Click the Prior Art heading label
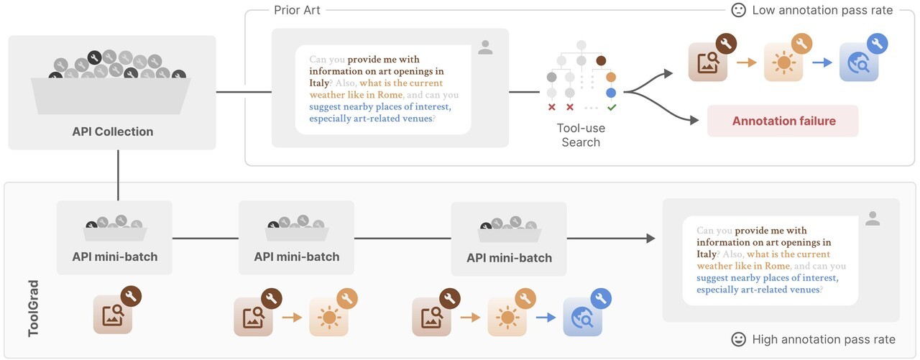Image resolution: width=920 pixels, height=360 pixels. [x=297, y=10]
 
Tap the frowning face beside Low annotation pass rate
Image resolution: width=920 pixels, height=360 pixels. [x=738, y=10]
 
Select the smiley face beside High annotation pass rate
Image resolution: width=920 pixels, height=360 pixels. [x=738, y=339]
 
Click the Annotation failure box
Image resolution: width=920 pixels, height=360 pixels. [x=783, y=121]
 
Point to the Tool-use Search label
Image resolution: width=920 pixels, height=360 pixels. [x=581, y=135]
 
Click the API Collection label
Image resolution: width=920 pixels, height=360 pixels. [x=113, y=131]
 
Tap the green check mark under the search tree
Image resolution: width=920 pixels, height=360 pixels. [x=612, y=107]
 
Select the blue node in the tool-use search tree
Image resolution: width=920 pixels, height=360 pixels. [x=611, y=93]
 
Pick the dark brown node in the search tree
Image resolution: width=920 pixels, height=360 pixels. [x=601, y=61]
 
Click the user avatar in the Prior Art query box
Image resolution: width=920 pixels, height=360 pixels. [x=485, y=47]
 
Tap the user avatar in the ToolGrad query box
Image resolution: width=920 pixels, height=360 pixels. [x=873, y=218]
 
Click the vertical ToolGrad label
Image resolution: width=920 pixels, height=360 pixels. [x=33, y=308]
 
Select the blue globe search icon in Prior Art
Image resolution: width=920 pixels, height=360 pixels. [x=858, y=62]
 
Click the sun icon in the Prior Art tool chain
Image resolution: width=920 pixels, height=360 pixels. [x=783, y=62]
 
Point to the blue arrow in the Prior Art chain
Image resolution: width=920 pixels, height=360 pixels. [x=822, y=63]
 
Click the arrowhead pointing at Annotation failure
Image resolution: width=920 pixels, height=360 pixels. [x=694, y=120]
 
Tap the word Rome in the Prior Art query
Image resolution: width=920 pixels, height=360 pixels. [x=390, y=95]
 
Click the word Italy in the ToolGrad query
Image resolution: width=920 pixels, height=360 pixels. [x=707, y=254]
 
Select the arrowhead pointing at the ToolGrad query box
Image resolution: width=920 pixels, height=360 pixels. [x=650, y=238]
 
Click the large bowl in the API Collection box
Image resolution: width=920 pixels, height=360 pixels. [x=111, y=96]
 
